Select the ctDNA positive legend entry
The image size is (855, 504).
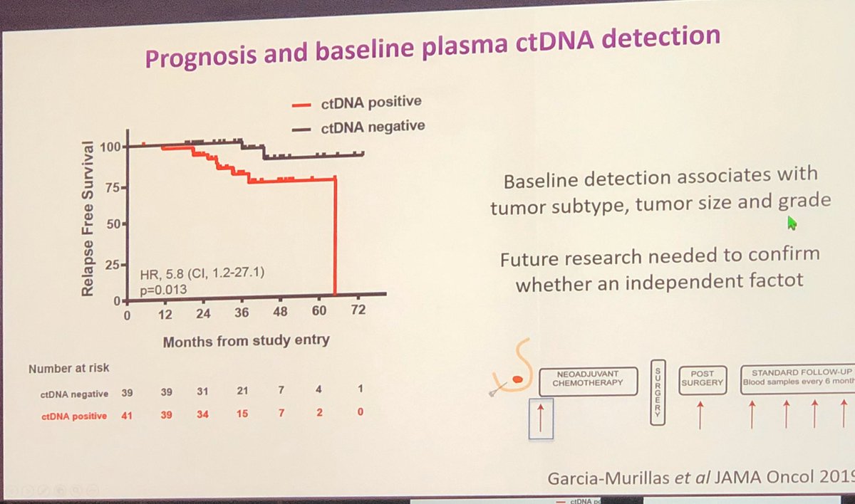356,103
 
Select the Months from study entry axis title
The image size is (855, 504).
246,341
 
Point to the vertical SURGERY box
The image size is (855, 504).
658,392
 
